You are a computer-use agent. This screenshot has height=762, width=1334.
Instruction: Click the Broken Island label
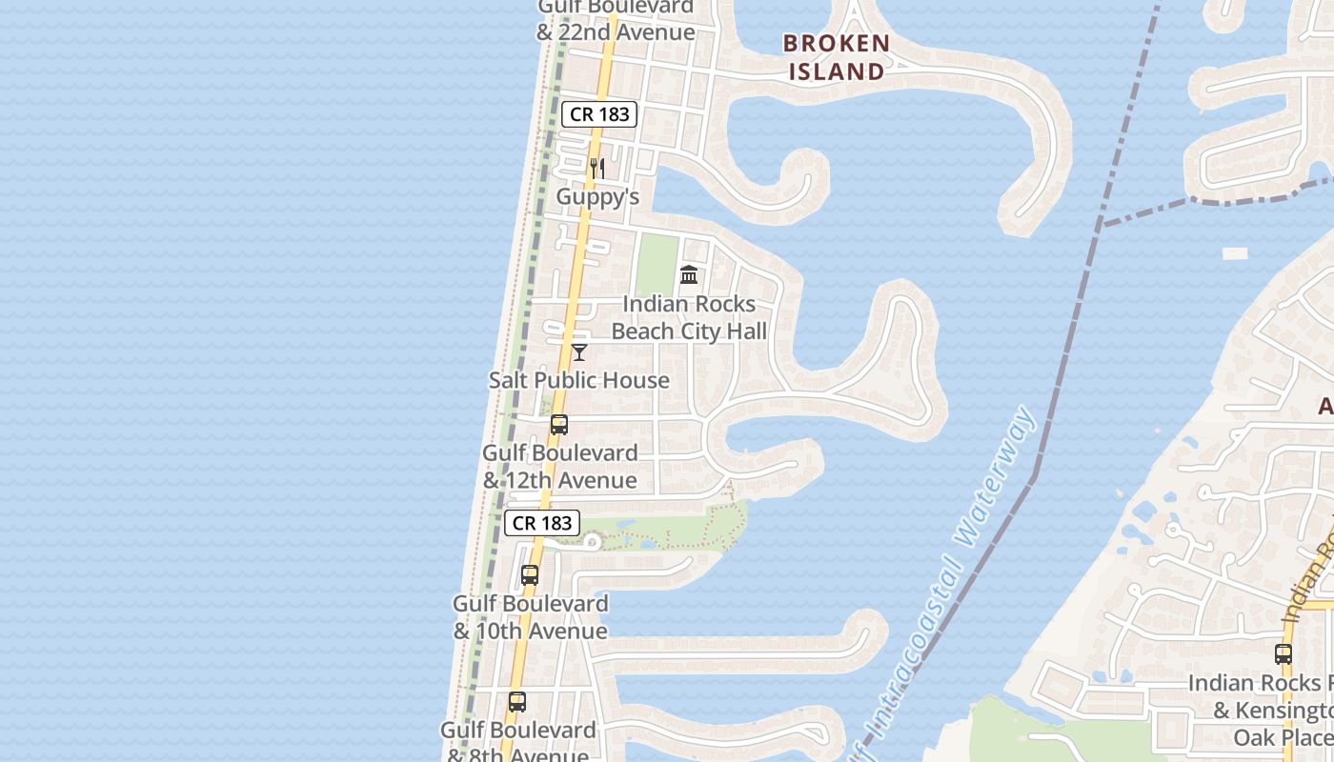[x=837, y=57]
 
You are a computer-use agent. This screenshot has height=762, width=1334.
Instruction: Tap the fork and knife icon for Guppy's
[x=597, y=169]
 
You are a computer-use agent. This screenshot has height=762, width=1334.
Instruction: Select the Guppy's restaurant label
[x=597, y=197]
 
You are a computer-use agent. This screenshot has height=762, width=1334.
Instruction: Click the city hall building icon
[x=689, y=275]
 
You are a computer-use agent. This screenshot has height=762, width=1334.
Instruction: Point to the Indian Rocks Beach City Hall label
[x=689, y=318]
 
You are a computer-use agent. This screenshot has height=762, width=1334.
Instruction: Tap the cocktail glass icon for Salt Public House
[x=578, y=352]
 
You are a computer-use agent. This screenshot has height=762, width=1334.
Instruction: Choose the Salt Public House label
[x=578, y=380]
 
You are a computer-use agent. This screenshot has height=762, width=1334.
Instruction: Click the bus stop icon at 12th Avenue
[x=559, y=425]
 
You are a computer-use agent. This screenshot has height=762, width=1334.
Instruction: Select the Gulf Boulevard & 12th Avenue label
[x=559, y=466]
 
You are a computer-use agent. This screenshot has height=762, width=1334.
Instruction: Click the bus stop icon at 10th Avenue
[x=530, y=575]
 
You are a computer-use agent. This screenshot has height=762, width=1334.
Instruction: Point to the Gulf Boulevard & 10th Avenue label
[x=530, y=617]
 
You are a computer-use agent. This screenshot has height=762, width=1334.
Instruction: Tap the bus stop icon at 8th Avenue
[x=516, y=702]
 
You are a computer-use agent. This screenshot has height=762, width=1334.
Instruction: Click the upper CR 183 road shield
[x=598, y=114]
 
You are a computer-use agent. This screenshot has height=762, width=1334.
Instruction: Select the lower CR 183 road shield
[x=542, y=523]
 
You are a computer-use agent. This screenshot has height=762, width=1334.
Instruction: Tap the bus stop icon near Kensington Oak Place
[x=1283, y=654]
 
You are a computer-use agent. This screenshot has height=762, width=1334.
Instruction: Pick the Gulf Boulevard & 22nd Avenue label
[x=616, y=19]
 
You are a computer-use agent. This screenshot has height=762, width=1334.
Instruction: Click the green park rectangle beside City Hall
[x=657, y=265]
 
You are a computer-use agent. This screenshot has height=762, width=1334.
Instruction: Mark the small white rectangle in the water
[x=1235, y=253]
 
